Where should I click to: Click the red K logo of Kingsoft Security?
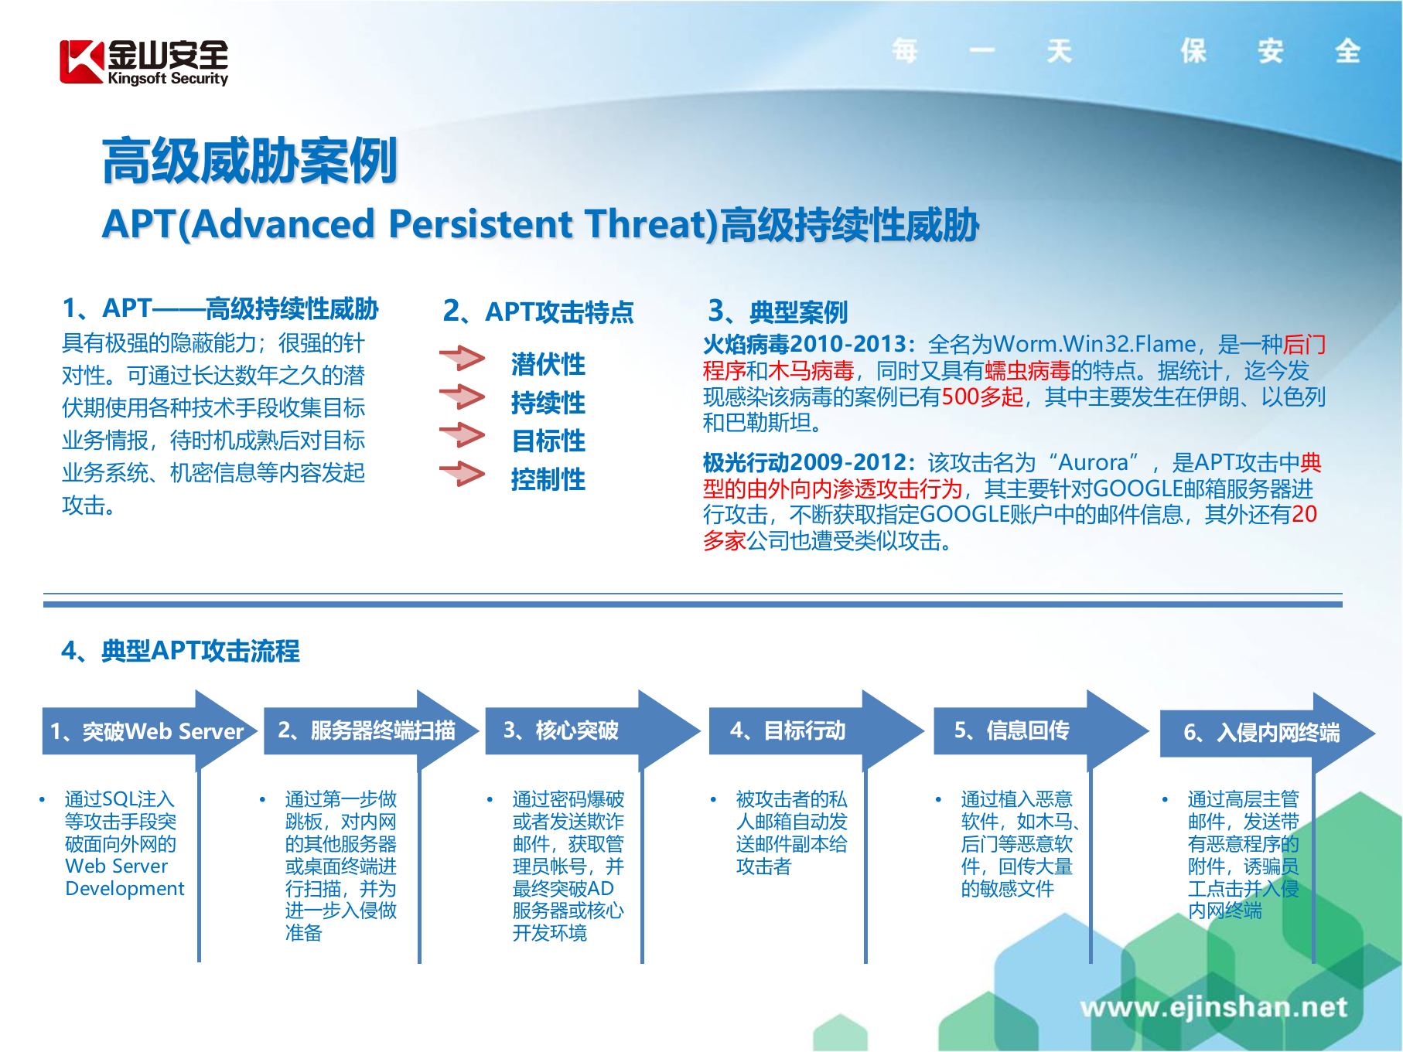tap(81, 62)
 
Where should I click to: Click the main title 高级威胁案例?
tap(250, 161)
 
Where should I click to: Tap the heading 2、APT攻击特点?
tap(538, 312)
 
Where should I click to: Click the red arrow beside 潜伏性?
tap(462, 359)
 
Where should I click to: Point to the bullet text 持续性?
tap(548, 403)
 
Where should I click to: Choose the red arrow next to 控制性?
tap(462, 474)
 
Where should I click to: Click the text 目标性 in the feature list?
tap(548, 441)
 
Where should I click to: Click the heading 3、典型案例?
tap(778, 312)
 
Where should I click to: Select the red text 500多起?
tap(982, 397)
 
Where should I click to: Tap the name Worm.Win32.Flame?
tap(1094, 344)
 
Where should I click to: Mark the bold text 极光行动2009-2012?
tap(804, 462)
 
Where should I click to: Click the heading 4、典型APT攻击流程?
tap(180, 650)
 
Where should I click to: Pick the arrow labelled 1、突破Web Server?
tap(147, 731)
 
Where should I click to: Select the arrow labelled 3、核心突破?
tap(562, 730)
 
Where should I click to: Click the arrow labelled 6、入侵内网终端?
tap(1261, 733)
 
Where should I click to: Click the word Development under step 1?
tap(125, 889)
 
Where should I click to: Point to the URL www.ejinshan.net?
tap(1213, 1006)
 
